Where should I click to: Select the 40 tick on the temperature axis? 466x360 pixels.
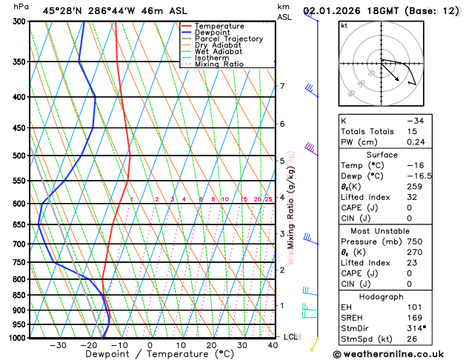coord(273,345)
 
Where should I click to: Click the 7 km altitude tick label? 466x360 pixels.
coord(282,87)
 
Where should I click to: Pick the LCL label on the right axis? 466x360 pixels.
coord(291,337)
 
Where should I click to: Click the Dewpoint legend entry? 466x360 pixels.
coord(213,33)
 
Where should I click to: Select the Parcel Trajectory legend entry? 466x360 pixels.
coord(228,39)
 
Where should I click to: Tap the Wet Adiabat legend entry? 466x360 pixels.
coord(218,52)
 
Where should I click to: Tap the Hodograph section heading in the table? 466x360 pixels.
coord(382,296)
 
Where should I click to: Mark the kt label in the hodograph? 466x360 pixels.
coord(344,25)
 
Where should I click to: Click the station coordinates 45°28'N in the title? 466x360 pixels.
coord(63,11)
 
